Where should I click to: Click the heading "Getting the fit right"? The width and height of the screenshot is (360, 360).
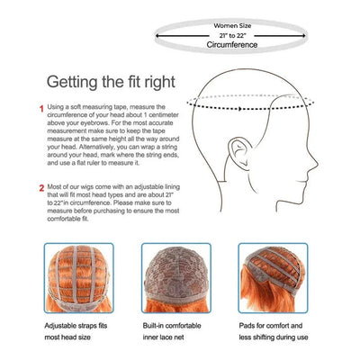pos(111,82)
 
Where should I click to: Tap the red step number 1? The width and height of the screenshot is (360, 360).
pos(41,109)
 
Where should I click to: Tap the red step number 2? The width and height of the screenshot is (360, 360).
pos(41,188)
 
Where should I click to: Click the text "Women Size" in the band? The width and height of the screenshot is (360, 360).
pos(232,26)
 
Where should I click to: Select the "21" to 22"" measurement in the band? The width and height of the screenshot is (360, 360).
pos(232,35)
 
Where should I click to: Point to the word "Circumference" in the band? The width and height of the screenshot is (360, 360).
pos(232,45)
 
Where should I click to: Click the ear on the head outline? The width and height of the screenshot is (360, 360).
pos(239,153)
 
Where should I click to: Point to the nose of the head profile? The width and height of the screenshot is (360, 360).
pos(313,164)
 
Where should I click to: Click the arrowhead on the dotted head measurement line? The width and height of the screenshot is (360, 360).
pos(239,109)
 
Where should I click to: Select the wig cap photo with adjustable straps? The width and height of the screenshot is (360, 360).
pos(79,278)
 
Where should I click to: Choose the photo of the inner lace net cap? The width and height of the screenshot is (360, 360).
pos(176,278)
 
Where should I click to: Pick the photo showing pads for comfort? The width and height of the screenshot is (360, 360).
pos(273,278)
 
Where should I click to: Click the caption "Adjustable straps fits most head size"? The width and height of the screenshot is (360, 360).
pos(76,331)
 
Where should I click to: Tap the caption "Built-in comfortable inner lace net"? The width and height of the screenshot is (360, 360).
pos(172,331)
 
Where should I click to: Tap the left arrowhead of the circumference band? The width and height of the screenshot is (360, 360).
pos(157,36)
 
